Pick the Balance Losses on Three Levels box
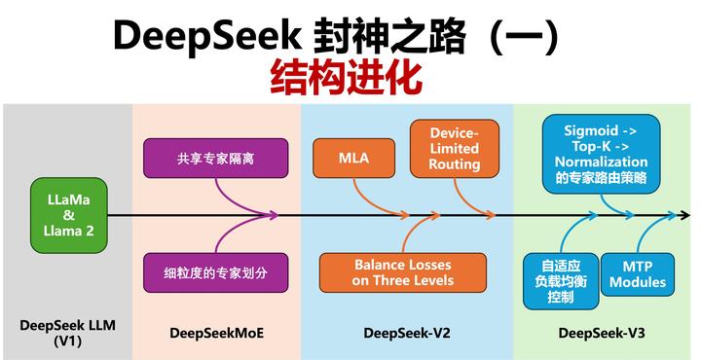coord(403,272)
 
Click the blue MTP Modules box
coord(638,273)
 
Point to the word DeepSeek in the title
coord(201,36)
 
